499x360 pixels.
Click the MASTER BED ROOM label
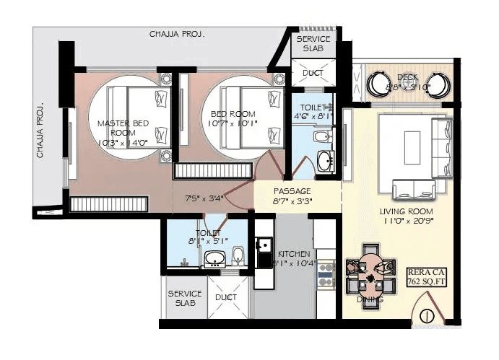tap(123, 128)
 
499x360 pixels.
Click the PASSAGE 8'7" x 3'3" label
tap(292, 196)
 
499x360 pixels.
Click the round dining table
tap(370, 274)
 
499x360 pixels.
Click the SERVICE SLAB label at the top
tap(313, 43)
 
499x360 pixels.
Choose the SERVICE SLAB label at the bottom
tap(185, 299)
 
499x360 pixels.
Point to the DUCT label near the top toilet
tap(313, 73)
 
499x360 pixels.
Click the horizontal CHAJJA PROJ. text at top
tap(177, 34)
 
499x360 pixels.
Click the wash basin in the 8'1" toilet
tap(214, 259)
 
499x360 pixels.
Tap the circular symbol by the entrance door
tap(427, 315)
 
